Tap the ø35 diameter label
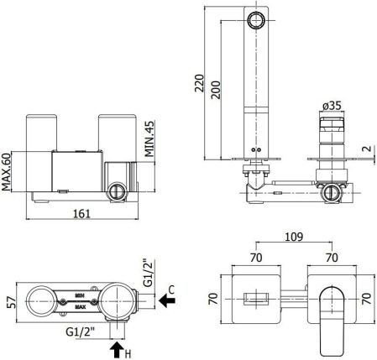pos(331,107)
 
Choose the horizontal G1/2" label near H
pos(82,333)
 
